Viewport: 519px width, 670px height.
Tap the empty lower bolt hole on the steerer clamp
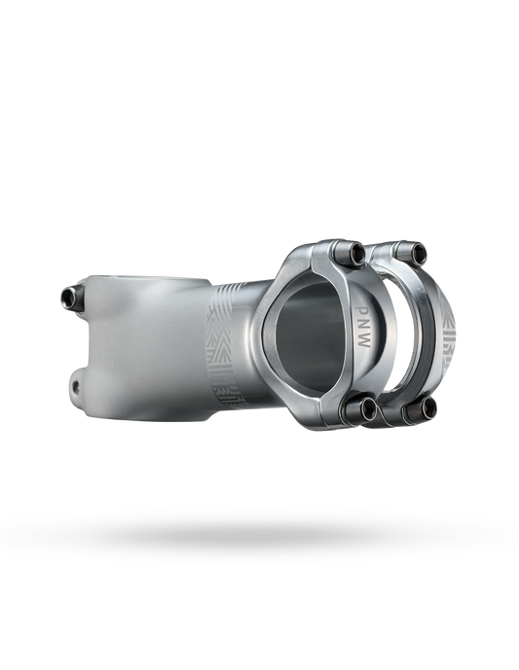pyautogui.click(x=77, y=387)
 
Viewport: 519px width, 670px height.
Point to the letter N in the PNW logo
pyautogui.click(x=362, y=325)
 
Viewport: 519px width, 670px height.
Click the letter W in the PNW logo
pyautogui.click(x=364, y=342)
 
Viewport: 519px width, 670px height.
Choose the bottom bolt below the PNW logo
pyautogui.click(x=361, y=409)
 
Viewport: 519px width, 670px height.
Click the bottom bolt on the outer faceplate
pyautogui.click(x=422, y=409)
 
